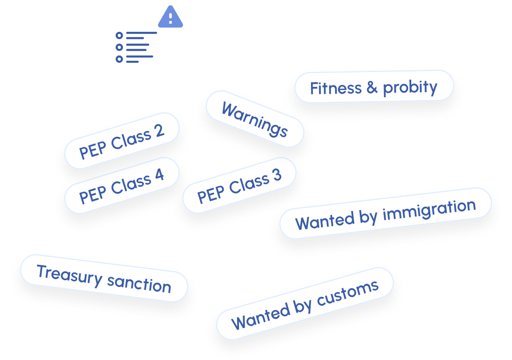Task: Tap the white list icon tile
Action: [x=136, y=48]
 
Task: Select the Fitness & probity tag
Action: [x=374, y=87]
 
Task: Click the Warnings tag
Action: [x=254, y=119]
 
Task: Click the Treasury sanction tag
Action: [x=103, y=278]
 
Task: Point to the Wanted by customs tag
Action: [x=304, y=304]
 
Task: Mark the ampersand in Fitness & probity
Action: [x=372, y=88]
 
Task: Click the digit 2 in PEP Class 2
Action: [x=159, y=131]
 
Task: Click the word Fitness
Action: [x=336, y=88]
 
